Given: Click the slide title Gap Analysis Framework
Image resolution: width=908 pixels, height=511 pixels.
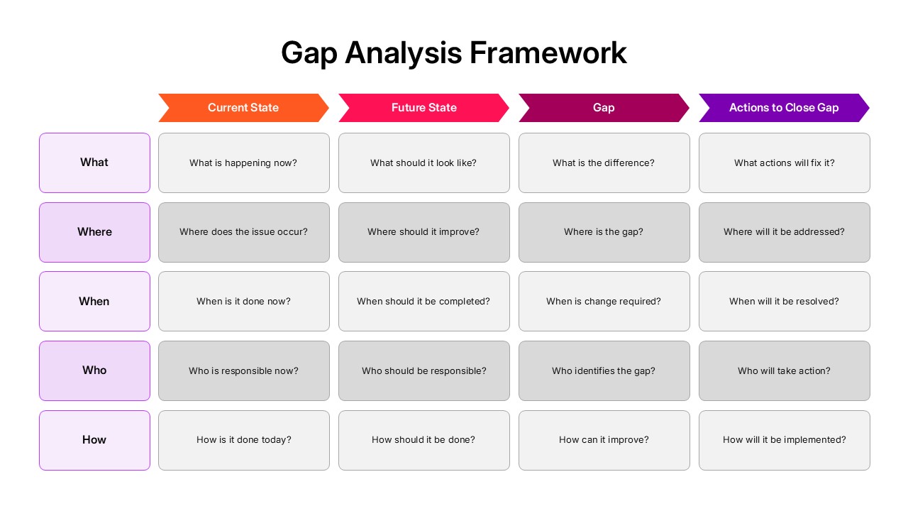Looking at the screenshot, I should click(x=453, y=53).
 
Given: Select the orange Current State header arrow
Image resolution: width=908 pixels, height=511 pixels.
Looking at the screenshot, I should click(x=243, y=108).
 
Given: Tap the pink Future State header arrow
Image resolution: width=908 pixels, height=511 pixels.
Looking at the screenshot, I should click(x=423, y=108).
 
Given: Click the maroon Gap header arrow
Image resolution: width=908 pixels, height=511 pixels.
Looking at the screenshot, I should click(x=604, y=108).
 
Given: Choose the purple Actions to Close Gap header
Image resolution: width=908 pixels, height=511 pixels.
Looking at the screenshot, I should click(x=784, y=108).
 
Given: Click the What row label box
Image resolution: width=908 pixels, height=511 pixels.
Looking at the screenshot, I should click(x=94, y=163).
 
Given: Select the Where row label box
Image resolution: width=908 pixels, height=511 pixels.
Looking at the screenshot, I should click(x=94, y=232).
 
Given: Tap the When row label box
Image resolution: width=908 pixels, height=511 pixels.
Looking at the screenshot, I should click(x=94, y=301).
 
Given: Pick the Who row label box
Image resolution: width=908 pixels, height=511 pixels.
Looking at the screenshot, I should click(x=94, y=370).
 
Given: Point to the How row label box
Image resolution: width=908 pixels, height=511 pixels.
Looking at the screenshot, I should click(x=94, y=440).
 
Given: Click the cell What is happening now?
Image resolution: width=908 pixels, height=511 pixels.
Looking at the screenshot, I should click(x=243, y=163).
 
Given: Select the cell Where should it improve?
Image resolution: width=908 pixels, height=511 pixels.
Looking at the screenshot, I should click(x=423, y=232).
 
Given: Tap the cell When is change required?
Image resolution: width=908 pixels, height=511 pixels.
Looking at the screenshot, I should click(x=604, y=301).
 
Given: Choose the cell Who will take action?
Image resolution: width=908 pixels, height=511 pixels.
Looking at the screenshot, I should click(x=784, y=370).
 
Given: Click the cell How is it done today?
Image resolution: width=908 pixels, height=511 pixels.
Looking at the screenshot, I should click(x=243, y=440).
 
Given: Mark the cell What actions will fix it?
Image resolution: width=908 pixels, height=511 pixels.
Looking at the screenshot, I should click(x=784, y=163).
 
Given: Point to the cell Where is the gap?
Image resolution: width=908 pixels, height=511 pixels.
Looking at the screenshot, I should click(x=604, y=232).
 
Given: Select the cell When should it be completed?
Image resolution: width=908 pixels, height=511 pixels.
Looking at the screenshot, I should click(x=423, y=301).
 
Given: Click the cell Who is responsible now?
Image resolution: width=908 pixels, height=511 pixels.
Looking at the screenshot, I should click(x=243, y=370).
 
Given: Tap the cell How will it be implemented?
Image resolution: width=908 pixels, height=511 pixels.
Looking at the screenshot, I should click(x=784, y=440).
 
